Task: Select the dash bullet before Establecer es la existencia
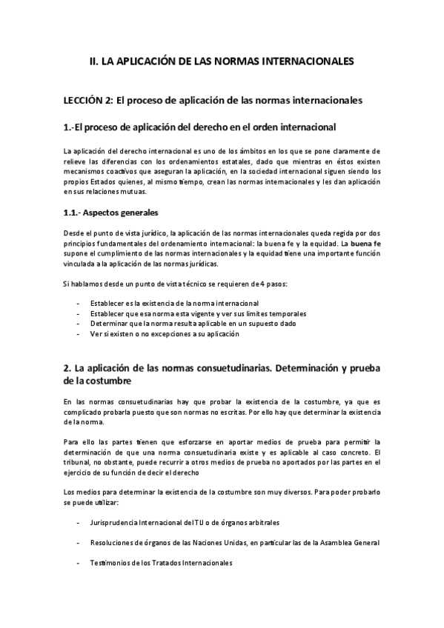tap(79, 304)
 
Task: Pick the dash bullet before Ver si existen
tap(79, 334)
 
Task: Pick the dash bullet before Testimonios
tap(79, 563)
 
